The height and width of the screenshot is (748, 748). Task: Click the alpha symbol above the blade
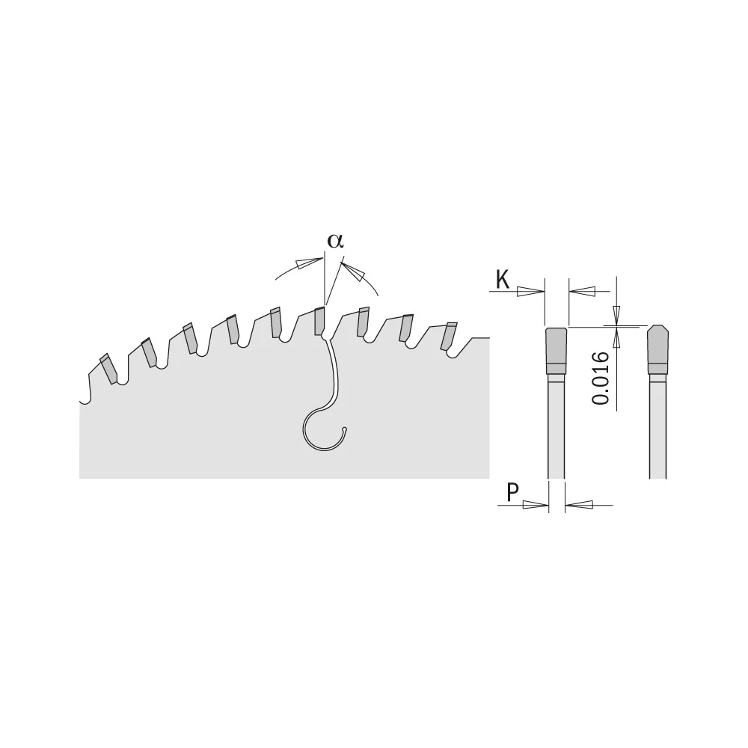coord(335,241)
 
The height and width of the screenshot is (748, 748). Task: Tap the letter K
coord(503,279)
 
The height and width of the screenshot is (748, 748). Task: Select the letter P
coord(512,492)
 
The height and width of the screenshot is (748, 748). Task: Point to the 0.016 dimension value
coord(601,378)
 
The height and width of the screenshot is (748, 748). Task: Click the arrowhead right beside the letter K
coord(530,291)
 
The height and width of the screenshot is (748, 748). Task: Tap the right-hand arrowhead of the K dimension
coord(582,291)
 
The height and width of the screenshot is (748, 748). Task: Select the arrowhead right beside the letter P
coord(536,505)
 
